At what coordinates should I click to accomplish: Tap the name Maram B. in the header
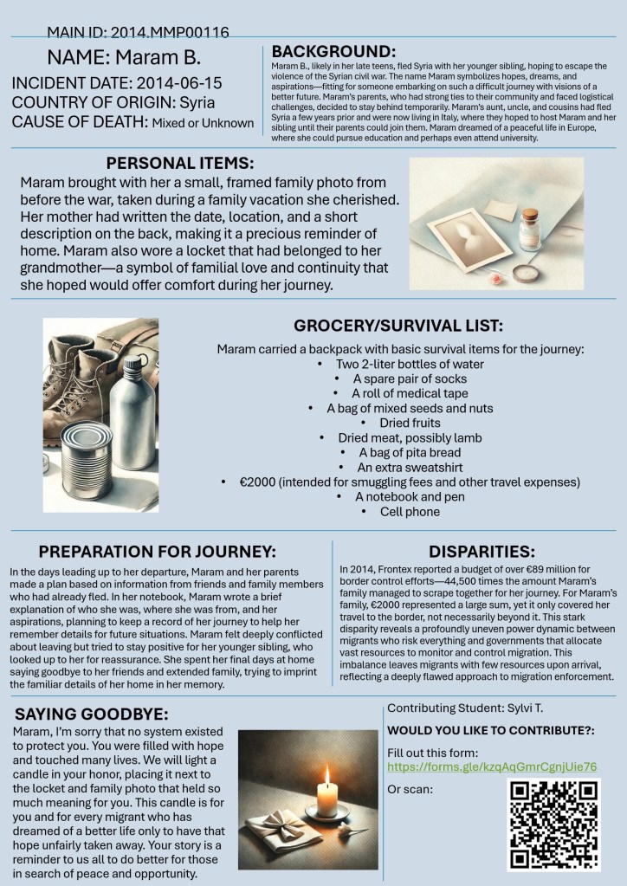click(124, 58)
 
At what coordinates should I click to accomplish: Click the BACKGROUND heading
click(333, 51)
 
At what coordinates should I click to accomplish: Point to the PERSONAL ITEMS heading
click(180, 163)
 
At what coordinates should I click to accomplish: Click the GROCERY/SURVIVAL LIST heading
click(399, 327)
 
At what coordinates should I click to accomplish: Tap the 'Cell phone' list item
click(410, 511)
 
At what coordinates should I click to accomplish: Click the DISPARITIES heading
click(482, 551)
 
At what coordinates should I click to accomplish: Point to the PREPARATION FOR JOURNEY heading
click(158, 551)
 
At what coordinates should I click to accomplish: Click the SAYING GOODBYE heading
click(92, 714)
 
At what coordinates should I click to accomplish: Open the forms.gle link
click(492, 767)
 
